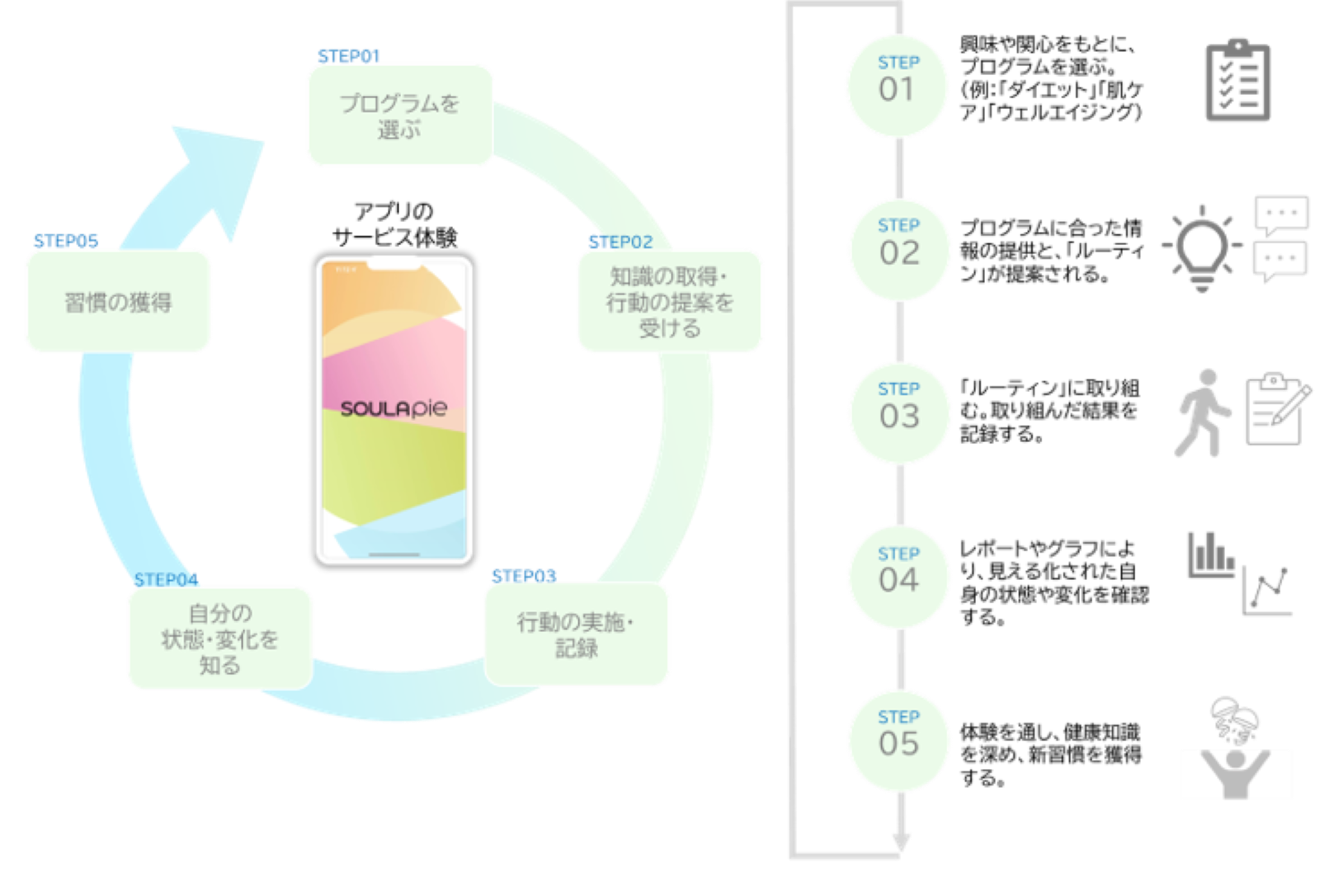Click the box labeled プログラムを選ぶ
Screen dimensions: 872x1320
[x=399, y=115]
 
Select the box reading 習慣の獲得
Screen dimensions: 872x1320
[x=118, y=302]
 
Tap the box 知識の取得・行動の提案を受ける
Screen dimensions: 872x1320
[x=669, y=301]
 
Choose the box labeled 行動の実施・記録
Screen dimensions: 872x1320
[x=577, y=634]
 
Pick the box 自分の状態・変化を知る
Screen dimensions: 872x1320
[x=219, y=638]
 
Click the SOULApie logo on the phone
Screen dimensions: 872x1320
[x=394, y=408]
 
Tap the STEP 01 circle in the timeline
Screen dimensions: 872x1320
[x=897, y=86]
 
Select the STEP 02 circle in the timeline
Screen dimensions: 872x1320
[x=898, y=249]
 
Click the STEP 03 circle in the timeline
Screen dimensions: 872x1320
[x=898, y=412]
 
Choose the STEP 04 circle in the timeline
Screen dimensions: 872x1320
[x=898, y=577]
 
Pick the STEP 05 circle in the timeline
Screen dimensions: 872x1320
[x=898, y=740]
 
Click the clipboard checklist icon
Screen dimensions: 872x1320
[x=1237, y=81]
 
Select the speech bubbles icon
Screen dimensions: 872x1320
[x=1280, y=238]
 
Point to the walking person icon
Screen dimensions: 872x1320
[x=1202, y=412]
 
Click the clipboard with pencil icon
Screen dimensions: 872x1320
[x=1276, y=410]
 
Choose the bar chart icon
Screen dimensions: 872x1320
[x=1209, y=554]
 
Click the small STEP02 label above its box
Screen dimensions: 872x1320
[x=620, y=242]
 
